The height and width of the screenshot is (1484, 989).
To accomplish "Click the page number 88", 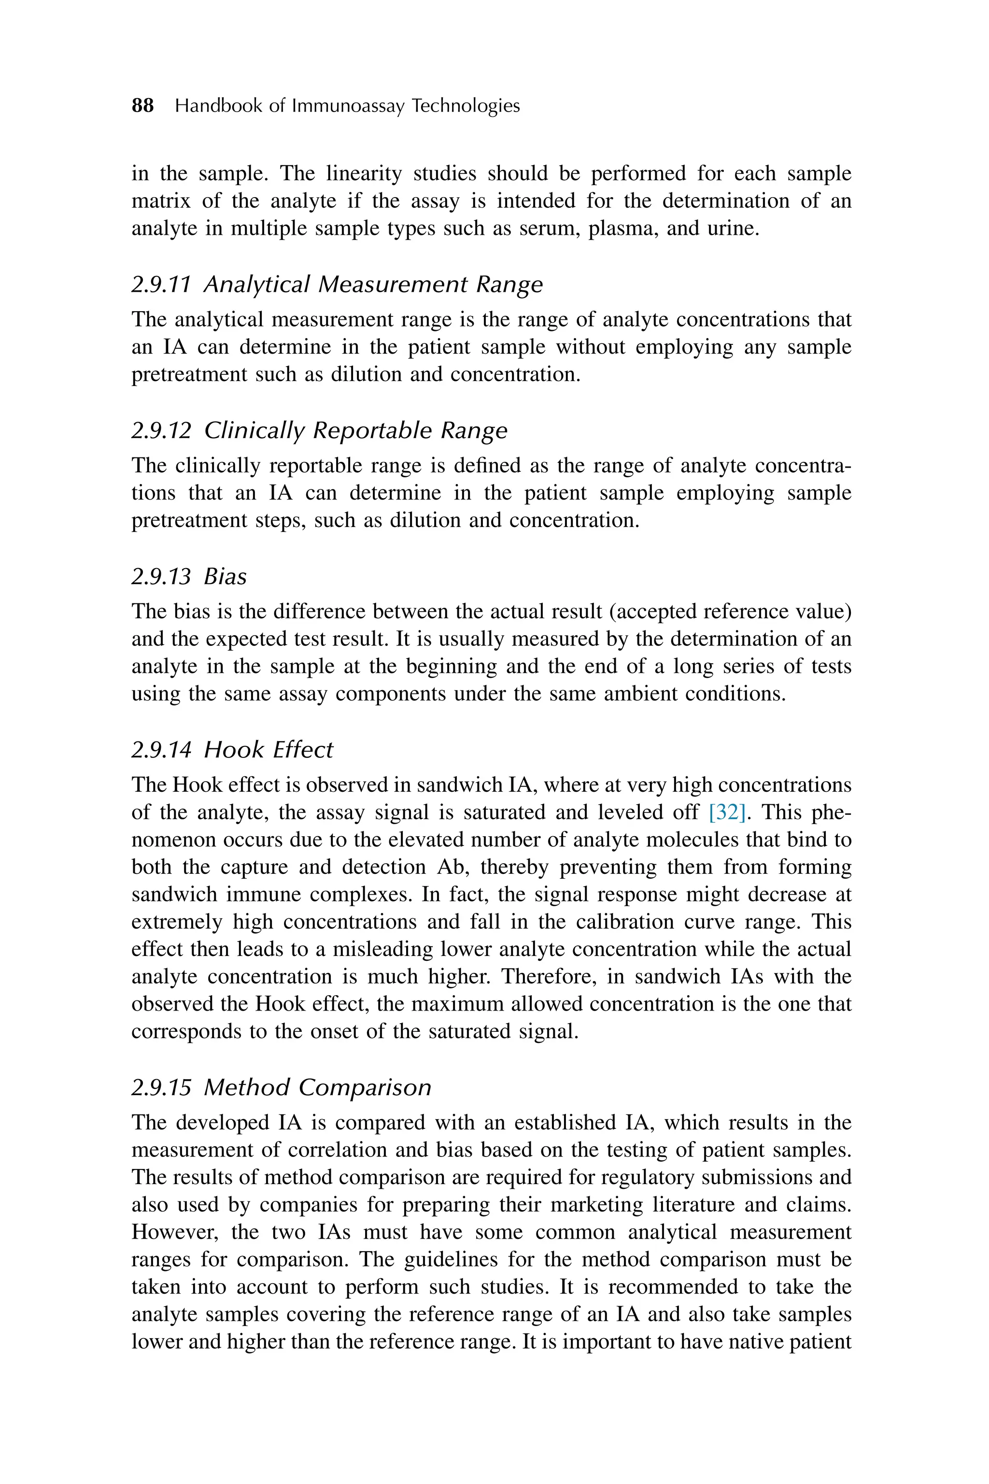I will point(142,105).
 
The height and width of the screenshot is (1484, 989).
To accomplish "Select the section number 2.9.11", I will point(161,285).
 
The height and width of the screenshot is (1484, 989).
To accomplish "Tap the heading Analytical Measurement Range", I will point(373,285).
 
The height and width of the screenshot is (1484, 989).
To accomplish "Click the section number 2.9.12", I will point(161,430).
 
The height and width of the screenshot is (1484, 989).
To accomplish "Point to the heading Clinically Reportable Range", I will point(356,430).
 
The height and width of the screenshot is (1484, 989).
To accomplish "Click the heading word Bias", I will point(225,577).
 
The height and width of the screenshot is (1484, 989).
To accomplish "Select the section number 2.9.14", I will point(161,750).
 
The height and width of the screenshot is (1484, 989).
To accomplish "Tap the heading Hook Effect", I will point(268,750).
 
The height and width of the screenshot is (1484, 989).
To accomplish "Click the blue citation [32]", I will point(727,812).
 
